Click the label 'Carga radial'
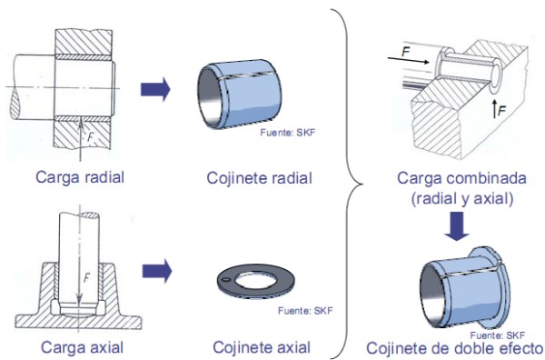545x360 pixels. (x=80, y=177)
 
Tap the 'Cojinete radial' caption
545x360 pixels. (x=259, y=178)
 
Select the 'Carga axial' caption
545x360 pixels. (x=82, y=347)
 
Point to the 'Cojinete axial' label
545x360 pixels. (x=262, y=347)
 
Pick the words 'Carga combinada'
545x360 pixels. (x=461, y=178)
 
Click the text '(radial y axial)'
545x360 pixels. (x=462, y=199)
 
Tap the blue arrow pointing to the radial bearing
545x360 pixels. (x=155, y=89)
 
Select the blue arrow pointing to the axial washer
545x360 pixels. (x=157, y=271)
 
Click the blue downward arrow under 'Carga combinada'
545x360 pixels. (x=457, y=226)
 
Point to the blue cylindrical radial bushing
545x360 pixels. (x=240, y=94)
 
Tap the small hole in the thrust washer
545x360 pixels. (x=226, y=280)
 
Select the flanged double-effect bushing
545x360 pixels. (x=465, y=287)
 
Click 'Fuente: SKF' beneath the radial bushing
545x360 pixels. (x=287, y=132)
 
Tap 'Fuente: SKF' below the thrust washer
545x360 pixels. (x=305, y=310)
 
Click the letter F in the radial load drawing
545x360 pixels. (x=90, y=136)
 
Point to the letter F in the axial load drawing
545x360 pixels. (x=86, y=277)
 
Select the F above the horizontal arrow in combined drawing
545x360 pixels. (x=406, y=52)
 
